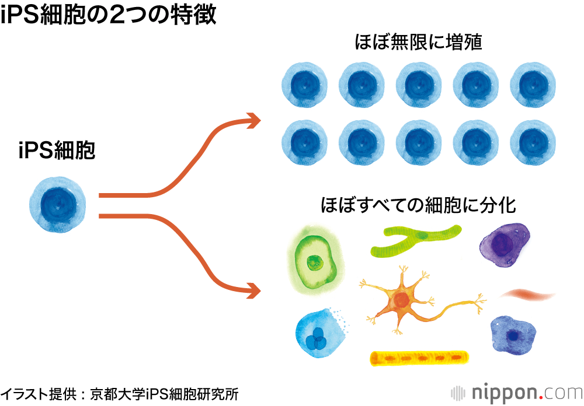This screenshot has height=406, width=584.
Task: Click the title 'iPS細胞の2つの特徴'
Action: click(109, 15)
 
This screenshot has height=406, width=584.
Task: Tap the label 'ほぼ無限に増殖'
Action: click(419, 43)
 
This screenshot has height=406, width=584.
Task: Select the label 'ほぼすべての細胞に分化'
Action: click(419, 205)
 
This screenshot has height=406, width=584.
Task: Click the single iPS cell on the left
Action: click(58, 205)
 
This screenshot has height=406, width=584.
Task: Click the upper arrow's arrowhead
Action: click(252, 121)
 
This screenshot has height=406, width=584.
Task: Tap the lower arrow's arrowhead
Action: click(252, 289)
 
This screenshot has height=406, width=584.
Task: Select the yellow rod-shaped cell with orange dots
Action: click(419, 358)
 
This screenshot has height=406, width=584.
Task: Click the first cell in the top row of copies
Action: click(304, 85)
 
